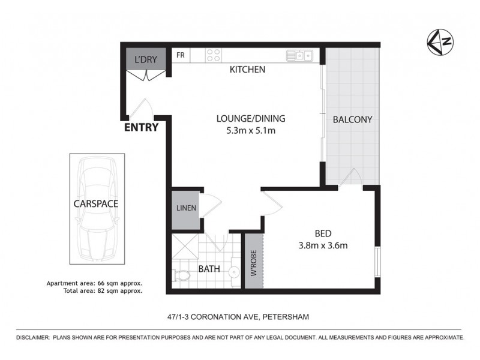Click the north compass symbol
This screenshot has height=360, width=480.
click(x=440, y=41)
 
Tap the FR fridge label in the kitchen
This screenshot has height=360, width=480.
click(x=180, y=56)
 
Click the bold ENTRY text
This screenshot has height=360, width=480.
click(x=141, y=127)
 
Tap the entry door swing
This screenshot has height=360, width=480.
click(x=142, y=109)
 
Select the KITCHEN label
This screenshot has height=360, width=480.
click(x=248, y=70)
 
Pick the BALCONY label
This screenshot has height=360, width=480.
click(x=353, y=119)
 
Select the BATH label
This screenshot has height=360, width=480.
click(x=209, y=270)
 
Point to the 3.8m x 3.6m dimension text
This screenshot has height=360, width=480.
click(x=323, y=245)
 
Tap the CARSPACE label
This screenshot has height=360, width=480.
click(x=96, y=203)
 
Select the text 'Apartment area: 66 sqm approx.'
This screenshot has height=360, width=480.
click(x=94, y=283)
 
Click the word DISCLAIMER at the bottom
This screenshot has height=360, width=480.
click(x=34, y=338)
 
